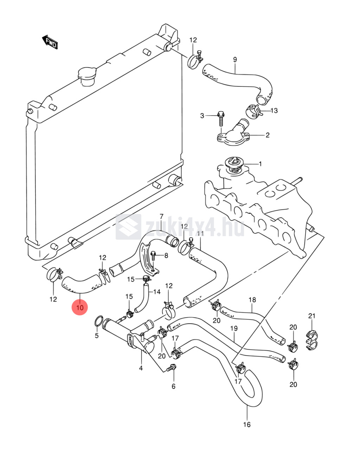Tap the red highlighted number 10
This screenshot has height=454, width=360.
pos(80,308)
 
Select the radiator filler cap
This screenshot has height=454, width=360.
pos(86,75)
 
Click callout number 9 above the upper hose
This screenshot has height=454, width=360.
pos(235,60)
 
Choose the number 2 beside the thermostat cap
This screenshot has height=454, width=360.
pos(268,135)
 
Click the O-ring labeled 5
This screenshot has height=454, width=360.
pos(99,321)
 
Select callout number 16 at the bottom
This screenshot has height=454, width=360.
pos(247,424)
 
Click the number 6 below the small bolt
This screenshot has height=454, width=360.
pos(173,386)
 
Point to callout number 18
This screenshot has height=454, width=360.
pos(252,300)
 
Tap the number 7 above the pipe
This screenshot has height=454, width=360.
pos(161,216)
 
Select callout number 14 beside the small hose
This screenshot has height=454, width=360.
pos(156,292)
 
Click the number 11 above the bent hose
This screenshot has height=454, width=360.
pos(200,234)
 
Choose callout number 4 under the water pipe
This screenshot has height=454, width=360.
pos(141,368)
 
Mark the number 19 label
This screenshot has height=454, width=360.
pos(234,329)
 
